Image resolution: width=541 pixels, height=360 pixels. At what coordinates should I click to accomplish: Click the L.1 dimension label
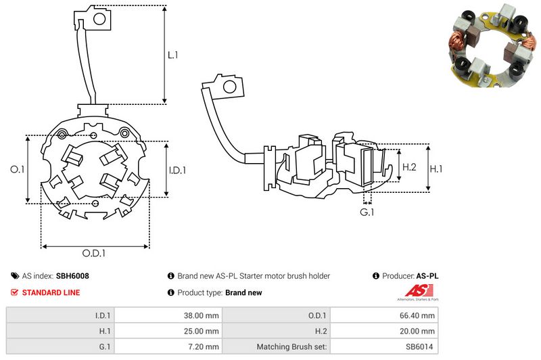(x=173, y=55)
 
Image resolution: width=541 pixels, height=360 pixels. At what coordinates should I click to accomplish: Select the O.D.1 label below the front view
(x=95, y=254)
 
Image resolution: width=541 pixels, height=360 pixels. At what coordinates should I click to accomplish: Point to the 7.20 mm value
(x=203, y=347)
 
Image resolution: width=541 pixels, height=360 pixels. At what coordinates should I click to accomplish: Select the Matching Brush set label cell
(x=292, y=347)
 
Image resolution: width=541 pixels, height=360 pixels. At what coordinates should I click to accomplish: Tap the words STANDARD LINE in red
(x=51, y=292)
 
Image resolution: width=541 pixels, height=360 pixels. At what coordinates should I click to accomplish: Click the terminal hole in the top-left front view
(x=99, y=18)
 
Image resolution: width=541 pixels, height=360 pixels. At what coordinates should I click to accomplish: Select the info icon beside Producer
(x=376, y=276)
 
